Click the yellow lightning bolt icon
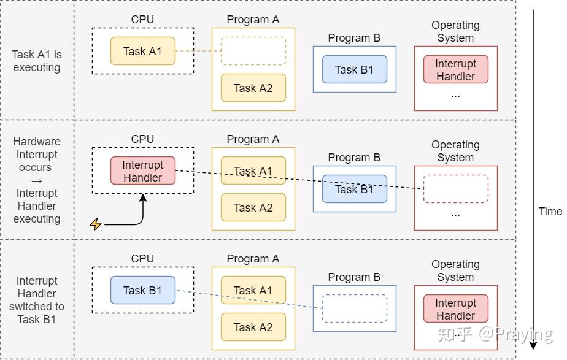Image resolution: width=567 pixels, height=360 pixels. click(x=96, y=224)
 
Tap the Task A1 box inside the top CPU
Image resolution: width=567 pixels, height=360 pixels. click(x=142, y=51)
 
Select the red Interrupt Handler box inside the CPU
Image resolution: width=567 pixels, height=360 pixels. click(x=142, y=171)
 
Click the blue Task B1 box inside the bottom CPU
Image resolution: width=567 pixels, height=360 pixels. click(x=142, y=290)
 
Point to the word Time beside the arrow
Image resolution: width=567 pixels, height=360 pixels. click(x=550, y=212)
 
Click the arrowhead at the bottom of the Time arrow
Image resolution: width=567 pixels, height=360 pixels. click(x=533, y=345)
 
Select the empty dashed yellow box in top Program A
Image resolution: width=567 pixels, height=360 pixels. click(x=253, y=51)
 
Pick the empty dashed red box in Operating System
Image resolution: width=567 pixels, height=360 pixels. click(x=455, y=189)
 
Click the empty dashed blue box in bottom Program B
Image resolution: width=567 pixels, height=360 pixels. click(x=354, y=308)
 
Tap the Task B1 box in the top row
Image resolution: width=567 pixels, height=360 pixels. click(x=354, y=69)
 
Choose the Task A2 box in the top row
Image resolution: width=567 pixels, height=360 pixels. click(x=253, y=88)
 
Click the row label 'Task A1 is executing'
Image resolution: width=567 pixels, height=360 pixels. click(x=37, y=61)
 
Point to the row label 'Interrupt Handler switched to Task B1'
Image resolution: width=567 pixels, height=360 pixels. click(x=37, y=300)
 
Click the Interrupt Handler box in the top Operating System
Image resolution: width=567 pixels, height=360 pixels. click(x=455, y=70)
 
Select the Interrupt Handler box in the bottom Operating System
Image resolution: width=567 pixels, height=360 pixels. click(x=455, y=309)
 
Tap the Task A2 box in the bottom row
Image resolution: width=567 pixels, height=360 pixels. click(x=253, y=327)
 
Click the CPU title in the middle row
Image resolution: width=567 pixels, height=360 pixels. click(x=142, y=139)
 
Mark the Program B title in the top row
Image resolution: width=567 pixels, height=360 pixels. click(x=354, y=38)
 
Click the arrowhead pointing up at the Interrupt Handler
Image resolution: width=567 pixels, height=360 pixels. click(x=143, y=196)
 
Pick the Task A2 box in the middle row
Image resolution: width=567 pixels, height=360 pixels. click(x=253, y=207)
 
